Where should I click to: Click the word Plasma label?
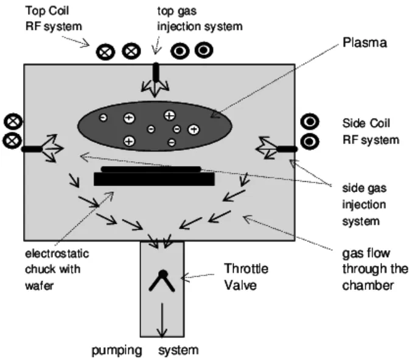tap(364, 43)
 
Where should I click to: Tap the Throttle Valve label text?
tap(246, 275)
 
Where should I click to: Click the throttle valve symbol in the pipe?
tap(162, 280)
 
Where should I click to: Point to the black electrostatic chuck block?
tap(154, 180)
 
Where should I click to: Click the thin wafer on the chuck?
tap(151, 168)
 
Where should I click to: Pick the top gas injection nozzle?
tap(156, 72)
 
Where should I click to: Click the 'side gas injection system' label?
tap(364, 204)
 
